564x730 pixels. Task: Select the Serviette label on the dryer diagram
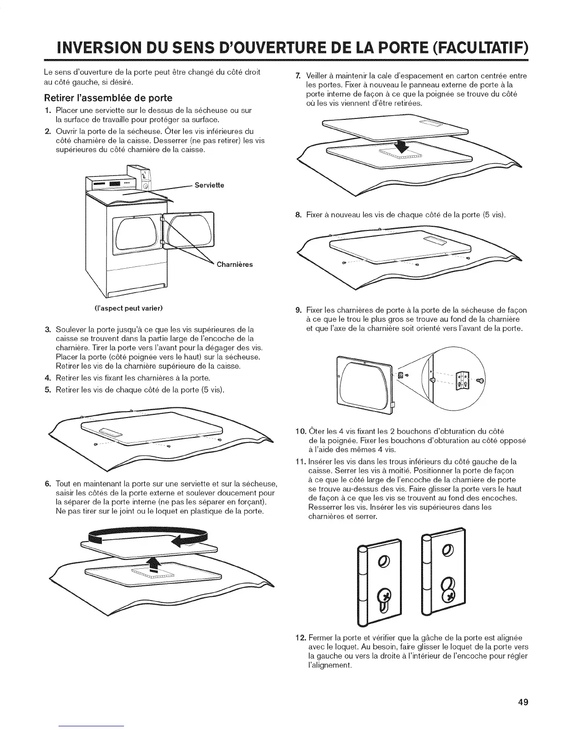click(209, 185)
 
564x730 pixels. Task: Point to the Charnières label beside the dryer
click(235, 265)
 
